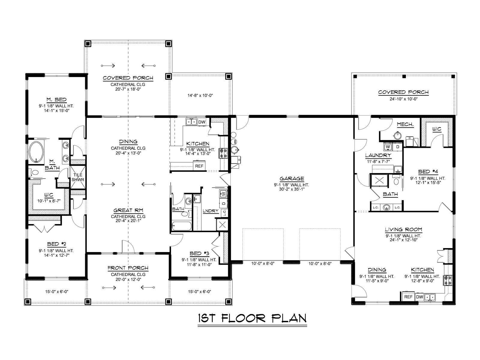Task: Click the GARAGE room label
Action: click(x=292, y=179)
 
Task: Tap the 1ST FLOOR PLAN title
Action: click(x=252, y=318)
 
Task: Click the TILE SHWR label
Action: click(x=78, y=177)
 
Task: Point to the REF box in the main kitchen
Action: click(x=199, y=166)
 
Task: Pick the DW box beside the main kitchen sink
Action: click(x=202, y=122)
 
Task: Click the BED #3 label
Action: click(x=199, y=253)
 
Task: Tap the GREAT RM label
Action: click(x=128, y=211)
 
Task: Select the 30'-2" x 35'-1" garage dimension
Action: click(x=292, y=189)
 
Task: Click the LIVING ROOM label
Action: click(x=403, y=229)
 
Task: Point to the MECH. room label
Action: click(x=405, y=124)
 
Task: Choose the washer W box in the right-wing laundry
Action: click(x=388, y=147)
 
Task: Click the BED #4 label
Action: click(x=428, y=172)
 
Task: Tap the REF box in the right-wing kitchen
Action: click(x=408, y=297)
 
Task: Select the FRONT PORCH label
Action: click(x=128, y=268)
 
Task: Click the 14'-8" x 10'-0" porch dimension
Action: click(x=200, y=95)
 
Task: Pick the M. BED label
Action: click(x=56, y=100)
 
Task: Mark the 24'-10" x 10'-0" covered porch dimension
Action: click(x=403, y=99)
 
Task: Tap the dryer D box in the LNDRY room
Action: click(x=223, y=203)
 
